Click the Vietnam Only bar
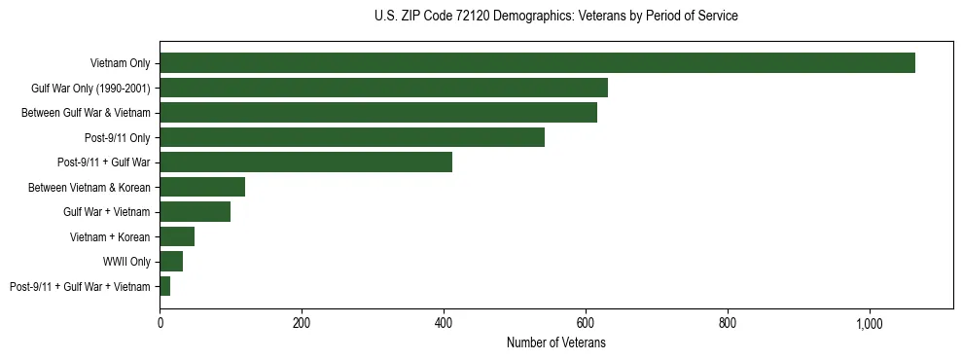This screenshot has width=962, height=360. click(537, 63)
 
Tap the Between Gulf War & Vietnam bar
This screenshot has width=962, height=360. click(378, 113)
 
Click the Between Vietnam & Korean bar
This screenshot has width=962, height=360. click(202, 187)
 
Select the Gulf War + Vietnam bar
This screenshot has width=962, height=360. click(195, 212)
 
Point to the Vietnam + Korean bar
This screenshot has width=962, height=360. click(177, 236)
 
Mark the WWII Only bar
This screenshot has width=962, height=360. click(171, 262)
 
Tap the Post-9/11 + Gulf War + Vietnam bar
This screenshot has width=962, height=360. click(165, 286)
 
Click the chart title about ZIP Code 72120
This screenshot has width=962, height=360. click(555, 17)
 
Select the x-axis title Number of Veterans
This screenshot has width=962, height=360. click(555, 342)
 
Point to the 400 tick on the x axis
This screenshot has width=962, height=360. click(444, 323)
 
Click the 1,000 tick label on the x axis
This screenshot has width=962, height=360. click(869, 323)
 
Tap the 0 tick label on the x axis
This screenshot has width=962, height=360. click(160, 323)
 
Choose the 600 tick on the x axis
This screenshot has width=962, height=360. click(586, 323)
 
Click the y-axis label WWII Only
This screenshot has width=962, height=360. click(126, 262)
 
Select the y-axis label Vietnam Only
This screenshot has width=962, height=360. click(120, 63)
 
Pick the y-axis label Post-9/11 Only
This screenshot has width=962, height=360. click(118, 137)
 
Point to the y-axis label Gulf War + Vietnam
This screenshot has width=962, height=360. click(107, 212)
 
